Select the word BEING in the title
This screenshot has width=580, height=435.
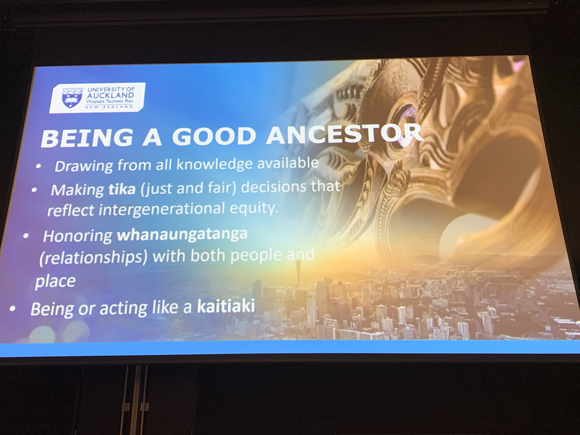pyautogui.click(x=87, y=137)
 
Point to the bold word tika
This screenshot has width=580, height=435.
pyautogui.click(x=122, y=189)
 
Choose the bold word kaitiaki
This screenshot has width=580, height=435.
pyautogui.click(x=226, y=306)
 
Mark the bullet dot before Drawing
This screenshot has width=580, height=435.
pyautogui.click(x=39, y=166)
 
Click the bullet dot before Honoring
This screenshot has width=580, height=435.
pyautogui.click(x=26, y=236)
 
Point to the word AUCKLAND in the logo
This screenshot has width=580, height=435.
pyautogui.click(x=110, y=95)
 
